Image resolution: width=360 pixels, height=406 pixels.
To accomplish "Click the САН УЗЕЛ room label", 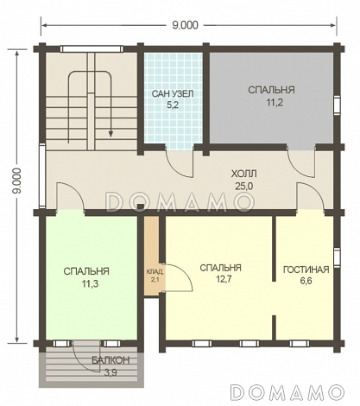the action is (x=173, y=93).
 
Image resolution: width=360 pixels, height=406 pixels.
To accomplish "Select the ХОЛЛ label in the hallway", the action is (x=244, y=174).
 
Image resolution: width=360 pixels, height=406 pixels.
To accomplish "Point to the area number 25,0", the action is (x=244, y=187).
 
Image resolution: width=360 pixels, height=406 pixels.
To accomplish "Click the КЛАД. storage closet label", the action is (x=155, y=271).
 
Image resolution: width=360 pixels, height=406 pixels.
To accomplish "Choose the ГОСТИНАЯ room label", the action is (x=306, y=270).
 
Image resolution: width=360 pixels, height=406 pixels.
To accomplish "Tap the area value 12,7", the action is (x=220, y=279).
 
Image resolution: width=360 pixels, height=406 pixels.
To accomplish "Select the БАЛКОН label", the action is (x=111, y=360).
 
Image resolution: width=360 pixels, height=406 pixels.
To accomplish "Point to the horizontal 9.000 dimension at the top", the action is (x=186, y=25).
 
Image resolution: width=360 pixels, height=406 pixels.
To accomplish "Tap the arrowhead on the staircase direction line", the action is (x=111, y=133).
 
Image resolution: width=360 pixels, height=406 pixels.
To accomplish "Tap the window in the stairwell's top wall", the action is (x=92, y=48).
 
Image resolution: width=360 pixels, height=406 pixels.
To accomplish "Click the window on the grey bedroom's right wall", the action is (x=337, y=105).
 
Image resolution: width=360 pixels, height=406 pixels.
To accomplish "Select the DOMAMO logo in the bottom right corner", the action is (x=287, y=392).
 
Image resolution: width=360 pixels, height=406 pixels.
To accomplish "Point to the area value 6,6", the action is (x=306, y=282).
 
